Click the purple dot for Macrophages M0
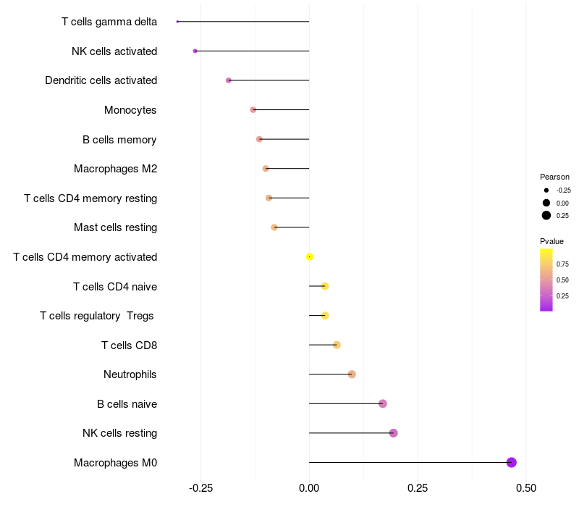[x=511, y=462]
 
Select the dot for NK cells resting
[x=393, y=433]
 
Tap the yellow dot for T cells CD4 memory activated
[x=310, y=256]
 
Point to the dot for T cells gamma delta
[x=177, y=22]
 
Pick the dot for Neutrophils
[x=352, y=374]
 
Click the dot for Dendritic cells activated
[x=229, y=80]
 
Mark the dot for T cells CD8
[x=337, y=345]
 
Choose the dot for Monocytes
[x=253, y=110]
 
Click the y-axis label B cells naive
[x=127, y=403]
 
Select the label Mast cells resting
[x=115, y=227]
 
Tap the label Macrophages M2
[x=115, y=169]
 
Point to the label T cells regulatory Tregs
[x=98, y=316]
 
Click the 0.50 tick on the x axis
[x=526, y=488]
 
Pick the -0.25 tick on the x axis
[x=200, y=488]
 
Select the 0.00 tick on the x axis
[x=309, y=488]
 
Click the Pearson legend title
[x=554, y=177]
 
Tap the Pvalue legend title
[x=551, y=241]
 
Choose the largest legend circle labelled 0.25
[x=546, y=215]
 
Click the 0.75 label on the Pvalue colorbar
[x=562, y=264]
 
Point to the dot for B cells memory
[x=259, y=139]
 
